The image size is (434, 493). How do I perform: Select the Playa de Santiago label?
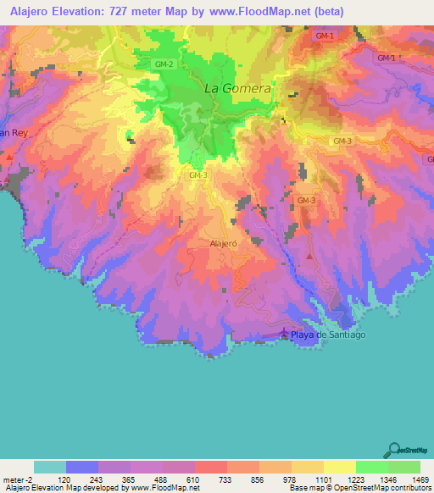(328, 335)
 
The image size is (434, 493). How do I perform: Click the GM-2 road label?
(165, 64)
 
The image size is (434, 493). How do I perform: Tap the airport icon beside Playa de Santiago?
(284, 333)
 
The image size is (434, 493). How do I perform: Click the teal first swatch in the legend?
(50, 467)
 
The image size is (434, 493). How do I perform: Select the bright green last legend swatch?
(404, 467)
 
